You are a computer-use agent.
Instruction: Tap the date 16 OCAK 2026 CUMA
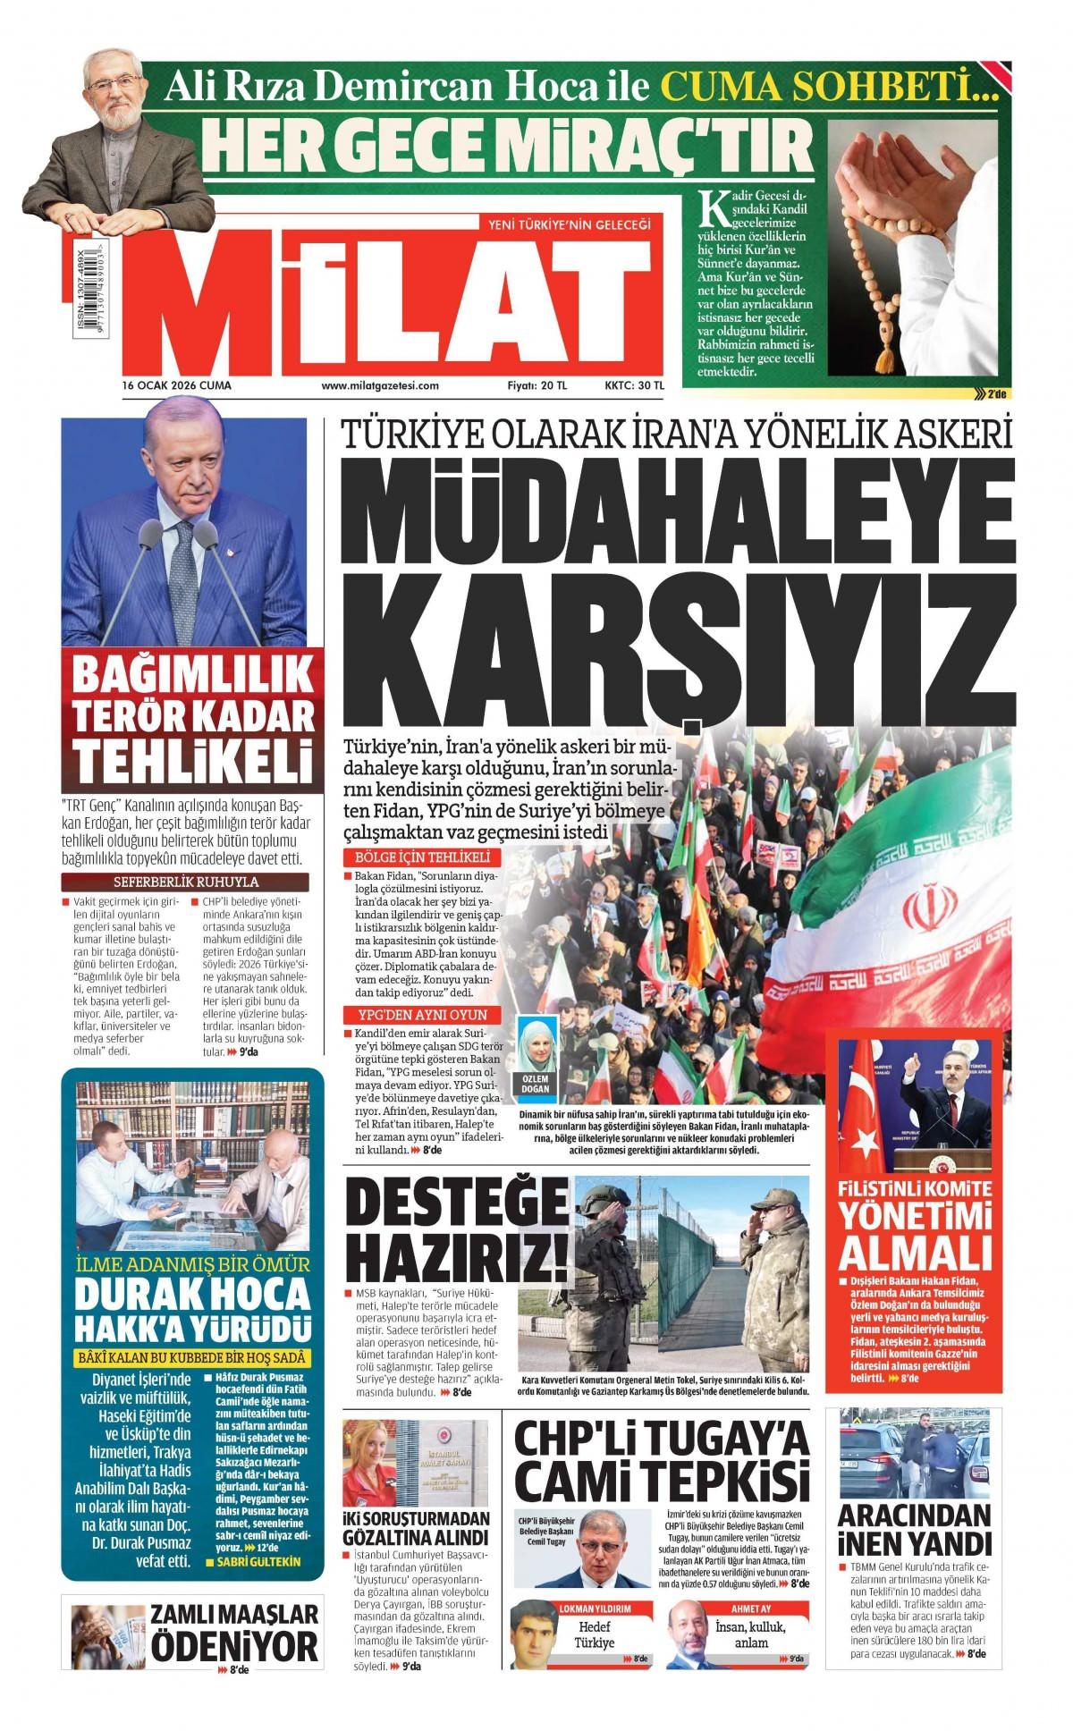(x=177, y=385)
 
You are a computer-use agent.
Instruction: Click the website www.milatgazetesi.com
(x=380, y=385)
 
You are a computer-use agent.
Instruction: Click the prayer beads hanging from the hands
(x=872, y=286)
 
